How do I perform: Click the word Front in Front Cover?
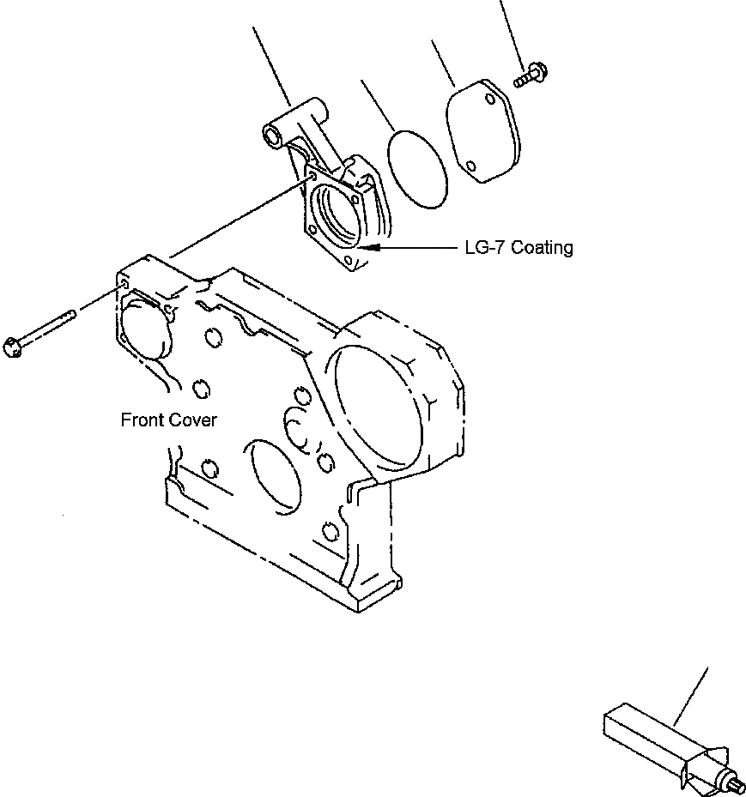142,420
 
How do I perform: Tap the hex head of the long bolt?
13,347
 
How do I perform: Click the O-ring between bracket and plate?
417,167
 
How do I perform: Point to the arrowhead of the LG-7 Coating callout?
369,248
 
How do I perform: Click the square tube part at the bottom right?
640,734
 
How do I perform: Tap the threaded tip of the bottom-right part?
737,782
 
